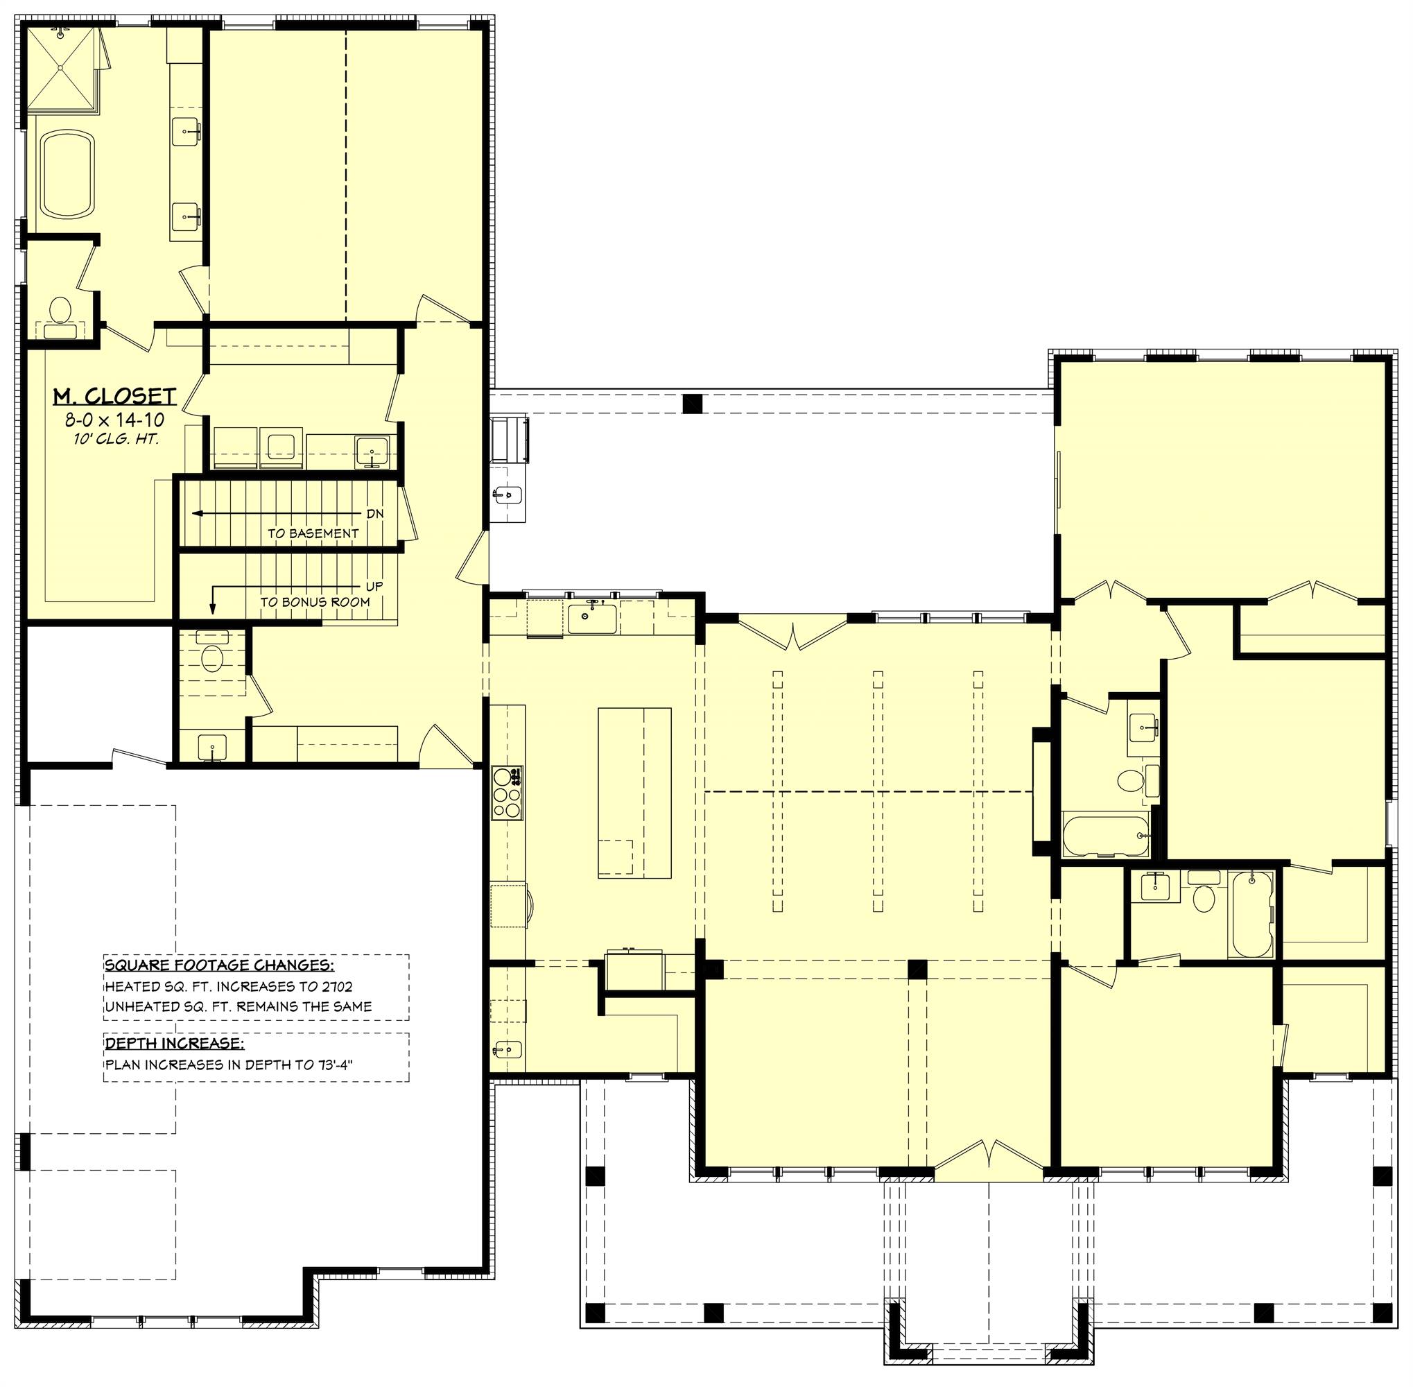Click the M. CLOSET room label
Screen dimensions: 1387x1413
tap(114, 396)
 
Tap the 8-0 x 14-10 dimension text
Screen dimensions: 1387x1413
tap(114, 420)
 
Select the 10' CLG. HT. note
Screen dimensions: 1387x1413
tap(114, 439)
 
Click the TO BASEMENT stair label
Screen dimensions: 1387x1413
tap(313, 533)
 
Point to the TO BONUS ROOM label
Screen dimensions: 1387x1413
tap(315, 603)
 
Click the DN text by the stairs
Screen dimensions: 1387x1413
tap(374, 514)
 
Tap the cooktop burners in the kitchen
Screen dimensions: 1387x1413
tap(507, 793)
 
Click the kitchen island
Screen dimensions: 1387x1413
tap(634, 793)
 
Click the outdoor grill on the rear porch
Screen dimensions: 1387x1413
tap(510, 439)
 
